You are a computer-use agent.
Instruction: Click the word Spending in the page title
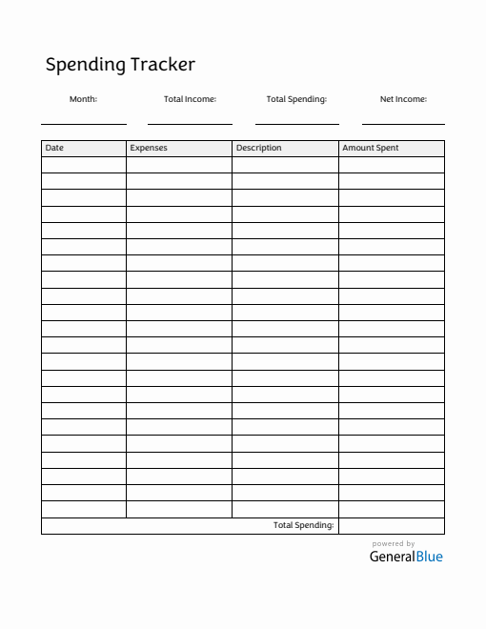pyautogui.click(x=86, y=66)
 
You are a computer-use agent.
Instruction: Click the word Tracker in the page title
pyautogui.click(x=163, y=65)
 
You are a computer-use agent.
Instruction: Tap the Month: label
pyautogui.click(x=83, y=99)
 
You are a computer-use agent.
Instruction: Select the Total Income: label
pyautogui.click(x=190, y=99)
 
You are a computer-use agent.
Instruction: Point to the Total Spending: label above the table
pyautogui.click(x=296, y=99)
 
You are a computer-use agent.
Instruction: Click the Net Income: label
pyautogui.click(x=403, y=99)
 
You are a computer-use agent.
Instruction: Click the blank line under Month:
pyautogui.click(x=84, y=123)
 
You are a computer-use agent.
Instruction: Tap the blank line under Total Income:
pyautogui.click(x=190, y=123)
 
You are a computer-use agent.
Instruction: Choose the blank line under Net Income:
pyautogui.click(x=403, y=123)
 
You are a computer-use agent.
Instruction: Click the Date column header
pyautogui.click(x=54, y=149)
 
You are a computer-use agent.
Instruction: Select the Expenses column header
pyautogui.click(x=149, y=149)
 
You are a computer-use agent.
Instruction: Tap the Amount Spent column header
pyautogui.click(x=371, y=149)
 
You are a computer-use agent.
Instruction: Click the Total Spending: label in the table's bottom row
pyautogui.click(x=303, y=525)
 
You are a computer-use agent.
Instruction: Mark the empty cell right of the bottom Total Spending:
pyautogui.click(x=392, y=525)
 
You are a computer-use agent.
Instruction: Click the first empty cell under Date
pyautogui.click(x=84, y=165)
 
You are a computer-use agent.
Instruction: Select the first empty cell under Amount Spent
pyautogui.click(x=392, y=165)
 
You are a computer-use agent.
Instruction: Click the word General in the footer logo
pyautogui.click(x=392, y=557)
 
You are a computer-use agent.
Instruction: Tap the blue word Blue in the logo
pyautogui.click(x=429, y=557)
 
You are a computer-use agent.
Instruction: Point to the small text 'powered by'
pyautogui.click(x=394, y=544)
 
